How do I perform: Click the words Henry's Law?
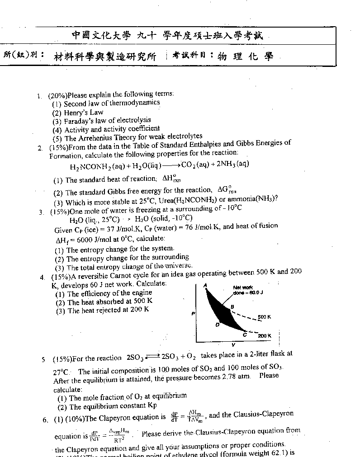click(x=84, y=112)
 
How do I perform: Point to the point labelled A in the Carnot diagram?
click(x=205, y=285)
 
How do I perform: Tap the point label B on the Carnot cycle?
click(x=232, y=307)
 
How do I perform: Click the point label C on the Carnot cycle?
click(x=245, y=335)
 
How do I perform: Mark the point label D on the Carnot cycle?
click(x=217, y=324)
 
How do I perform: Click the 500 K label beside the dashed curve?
click(x=264, y=317)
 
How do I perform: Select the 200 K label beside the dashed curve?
click(x=265, y=336)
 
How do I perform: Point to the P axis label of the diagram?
click(x=194, y=313)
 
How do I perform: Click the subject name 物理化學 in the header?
click(x=245, y=56)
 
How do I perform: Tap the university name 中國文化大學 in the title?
click(x=101, y=36)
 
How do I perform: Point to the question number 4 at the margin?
click(x=42, y=277)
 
